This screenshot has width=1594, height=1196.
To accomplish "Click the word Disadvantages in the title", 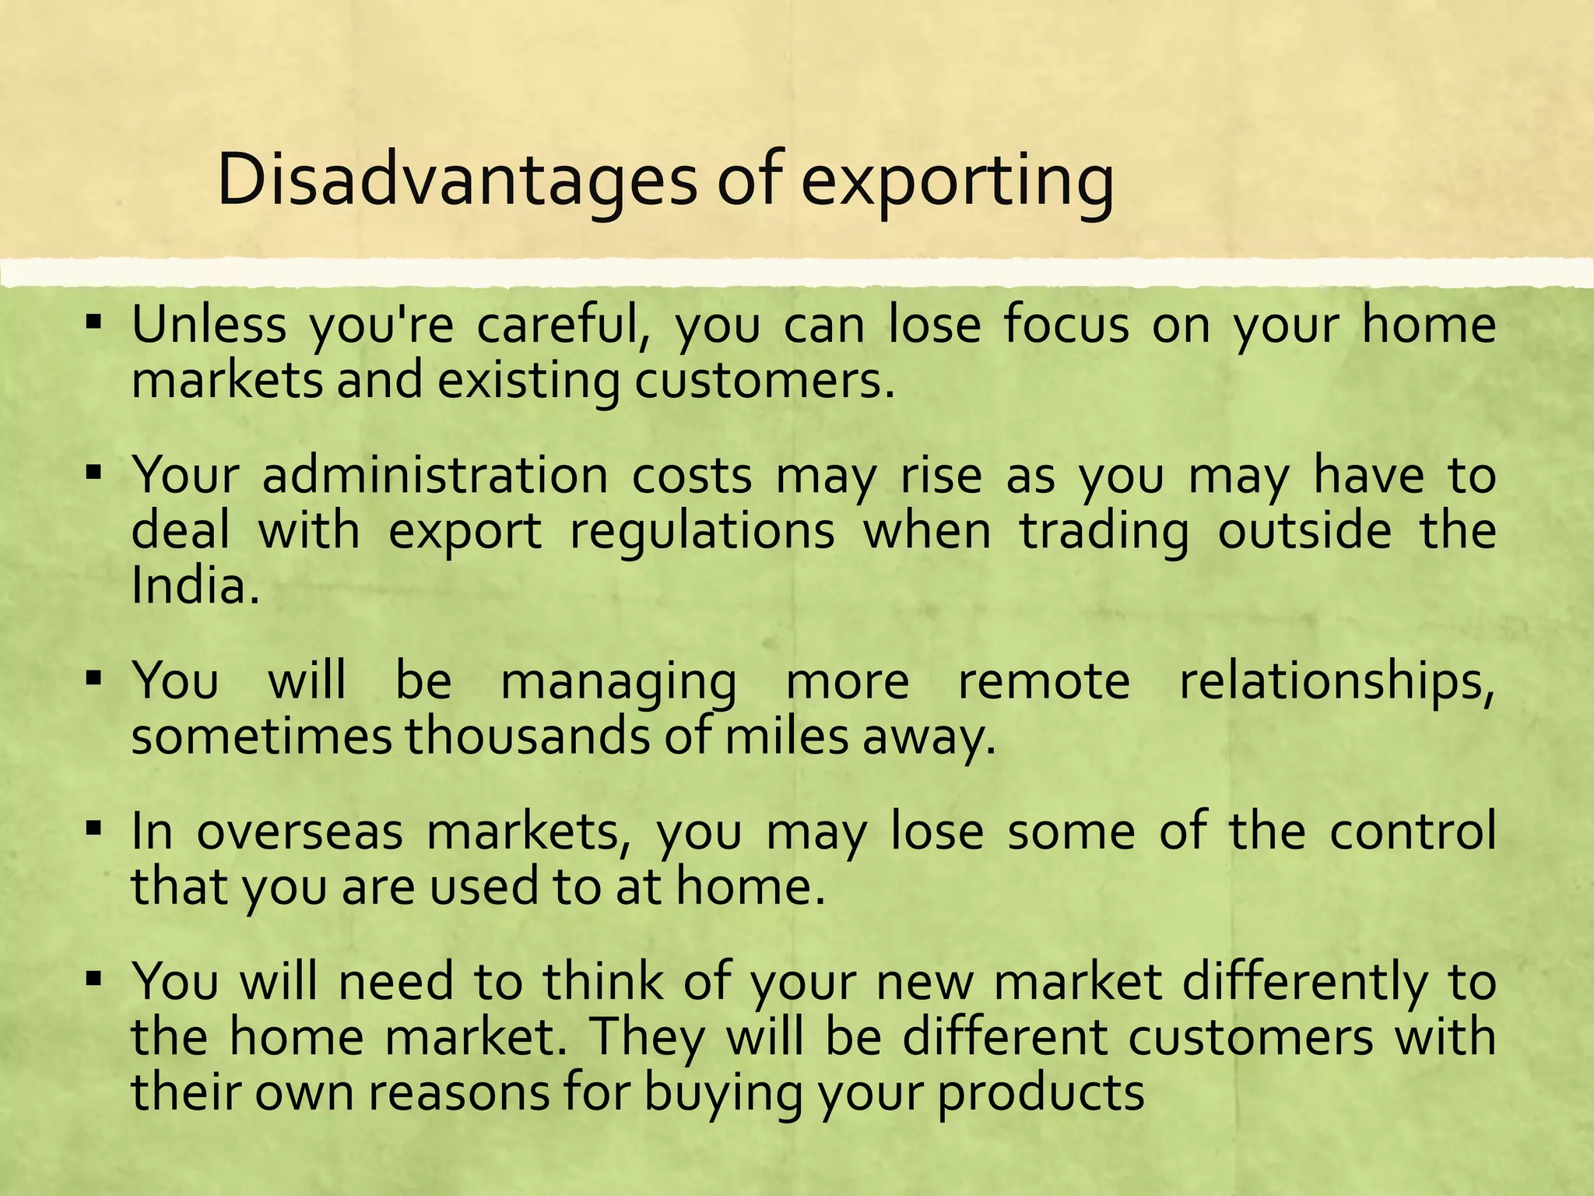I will [x=456, y=181].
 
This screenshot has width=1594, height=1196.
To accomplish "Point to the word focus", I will [x=1066, y=325].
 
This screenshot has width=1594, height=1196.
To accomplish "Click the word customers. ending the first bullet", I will [x=764, y=382].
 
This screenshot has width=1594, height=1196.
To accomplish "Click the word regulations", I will [x=702, y=532].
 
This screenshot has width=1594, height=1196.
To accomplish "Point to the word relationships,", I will [x=1336, y=682].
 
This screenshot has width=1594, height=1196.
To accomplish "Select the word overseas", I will [x=300, y=832].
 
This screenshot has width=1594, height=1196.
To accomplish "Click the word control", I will [x=1412, y=832].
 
